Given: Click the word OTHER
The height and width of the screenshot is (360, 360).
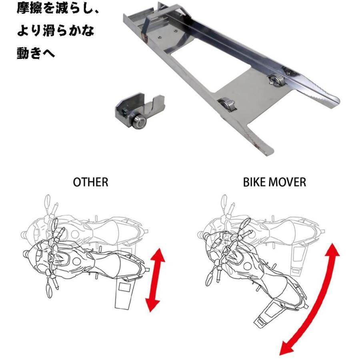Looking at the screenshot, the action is point(90,182).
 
